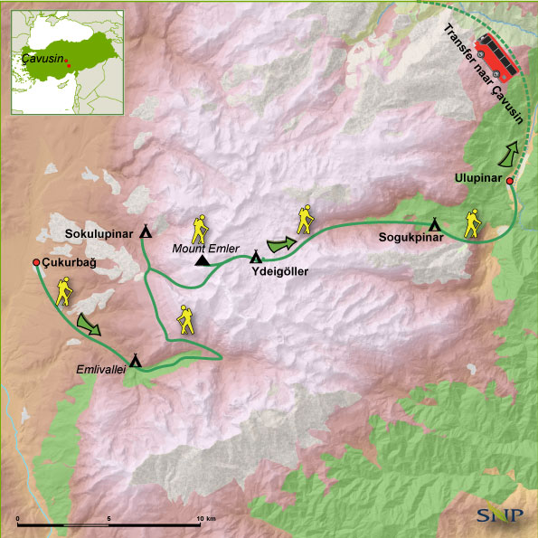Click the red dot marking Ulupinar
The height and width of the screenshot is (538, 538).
pyautogui.click(x=510, y=182)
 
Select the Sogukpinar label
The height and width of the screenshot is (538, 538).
pyautogui.click(x=411, y=239)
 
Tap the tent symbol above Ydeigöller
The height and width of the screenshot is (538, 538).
pyautogui.click(x=256, y=257)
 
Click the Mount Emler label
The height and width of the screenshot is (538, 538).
pyautogui.click(x=207, y=248)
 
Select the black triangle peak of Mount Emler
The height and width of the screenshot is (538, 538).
pyautogui.click(x=203, y=261)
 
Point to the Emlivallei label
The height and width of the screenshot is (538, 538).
pyautogui.click(x=100, y=369)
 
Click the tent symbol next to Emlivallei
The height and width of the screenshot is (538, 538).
pyautogui.click(x=136, y=360)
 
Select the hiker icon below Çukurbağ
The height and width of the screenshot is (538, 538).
pyautogui.click(x=63, y=290)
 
